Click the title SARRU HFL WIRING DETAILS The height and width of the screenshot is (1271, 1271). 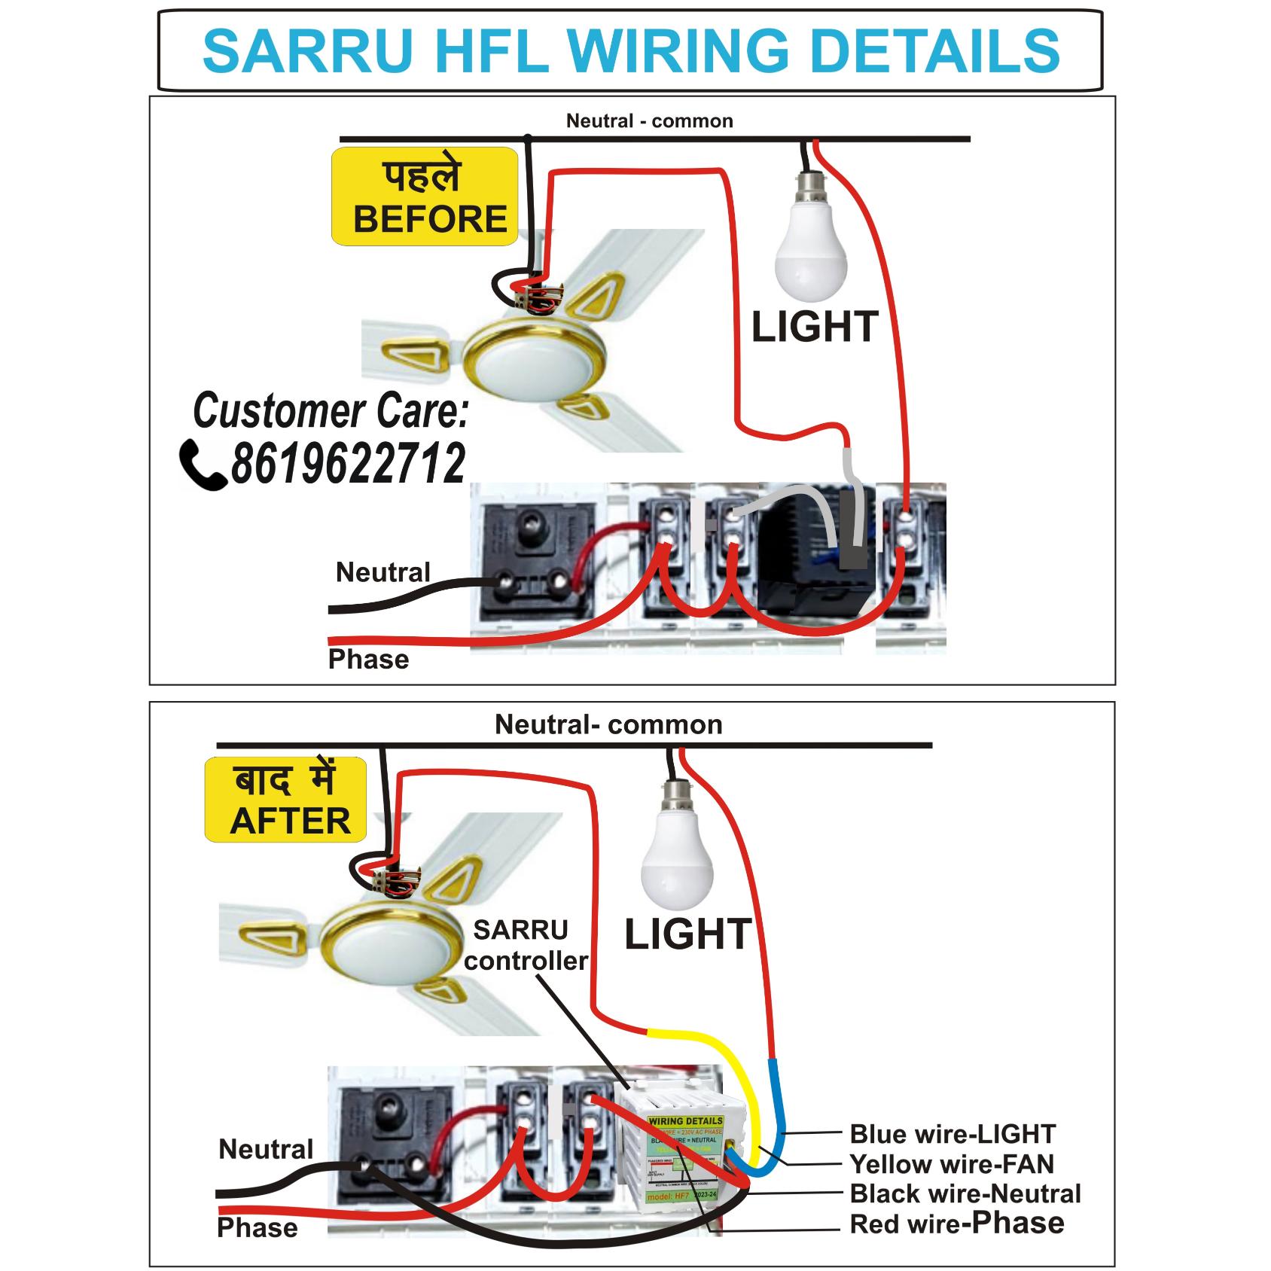(631, 51)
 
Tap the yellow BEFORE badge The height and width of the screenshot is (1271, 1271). (425, 197)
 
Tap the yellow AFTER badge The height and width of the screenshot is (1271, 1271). (286, 800)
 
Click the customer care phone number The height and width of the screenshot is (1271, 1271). (348, 464)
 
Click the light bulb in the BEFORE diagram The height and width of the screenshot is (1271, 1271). (810, 248)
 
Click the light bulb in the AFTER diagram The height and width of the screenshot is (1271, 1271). (676, 855)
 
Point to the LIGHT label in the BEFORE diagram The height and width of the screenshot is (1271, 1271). (815, 328)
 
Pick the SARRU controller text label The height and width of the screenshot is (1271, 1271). (524, 946)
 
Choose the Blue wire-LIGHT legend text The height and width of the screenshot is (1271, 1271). (952, 1134)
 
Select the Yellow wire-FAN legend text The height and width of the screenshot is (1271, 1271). (952, 1164)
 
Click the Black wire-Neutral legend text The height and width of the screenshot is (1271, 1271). (965, 1193)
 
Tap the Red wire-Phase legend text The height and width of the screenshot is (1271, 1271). (957, 1224)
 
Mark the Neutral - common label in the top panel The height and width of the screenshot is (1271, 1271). (649, 121)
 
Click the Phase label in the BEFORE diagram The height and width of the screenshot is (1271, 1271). (368, 660)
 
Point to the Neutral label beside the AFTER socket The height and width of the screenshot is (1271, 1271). (266, 1150)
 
